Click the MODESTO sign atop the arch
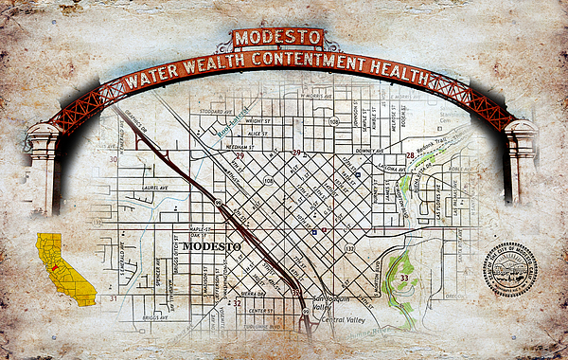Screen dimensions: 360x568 tap(278, 39)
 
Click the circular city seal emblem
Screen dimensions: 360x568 tap(509, 269)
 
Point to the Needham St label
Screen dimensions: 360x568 tap(239, 148)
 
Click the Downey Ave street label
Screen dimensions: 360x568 tap(368, 150)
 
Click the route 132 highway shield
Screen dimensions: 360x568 tap(349, 248)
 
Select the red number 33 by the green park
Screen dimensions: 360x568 tap(403, 278)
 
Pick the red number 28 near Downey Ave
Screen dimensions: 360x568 tap(410, 155)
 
